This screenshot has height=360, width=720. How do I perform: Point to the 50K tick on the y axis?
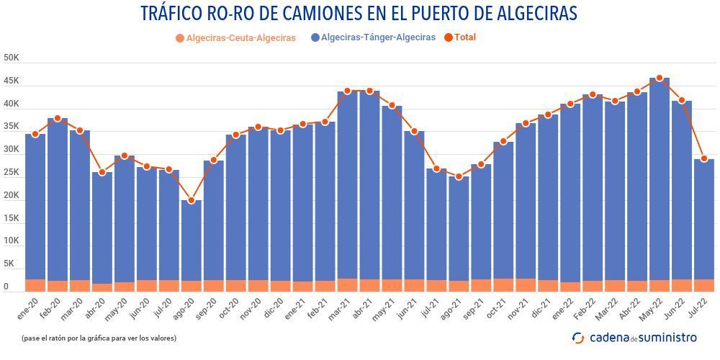(x=12, y=58)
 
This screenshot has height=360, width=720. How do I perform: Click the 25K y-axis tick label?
(x=12, y=172)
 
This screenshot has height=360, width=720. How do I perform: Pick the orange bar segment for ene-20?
(x=35, y=285)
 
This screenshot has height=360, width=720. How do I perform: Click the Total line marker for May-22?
(x=660, y=78)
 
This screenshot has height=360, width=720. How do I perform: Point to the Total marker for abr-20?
(x=102, y=172)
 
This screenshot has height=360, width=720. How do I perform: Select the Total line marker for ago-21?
(x=459, y=176)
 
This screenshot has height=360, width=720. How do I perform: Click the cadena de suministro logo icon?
(x=578, y=337)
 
